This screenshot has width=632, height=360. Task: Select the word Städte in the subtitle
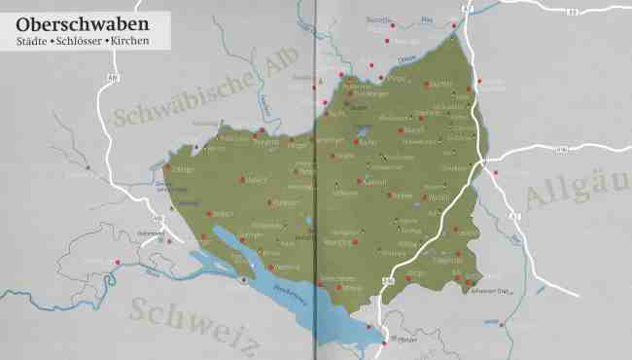pyautogui.click(x=36, y=42)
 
